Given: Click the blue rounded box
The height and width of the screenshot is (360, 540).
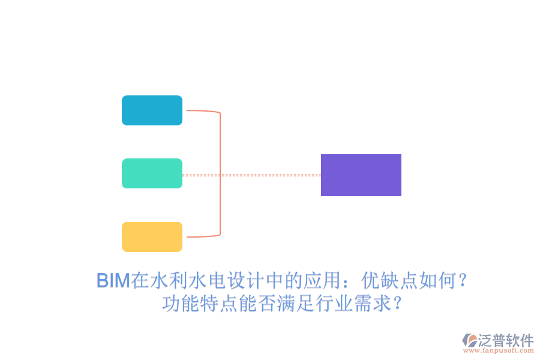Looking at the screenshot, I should tap(152, 110).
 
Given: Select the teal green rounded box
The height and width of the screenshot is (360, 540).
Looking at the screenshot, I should tap(152, 173).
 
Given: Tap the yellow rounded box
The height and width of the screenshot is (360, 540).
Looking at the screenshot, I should tap(152, 236).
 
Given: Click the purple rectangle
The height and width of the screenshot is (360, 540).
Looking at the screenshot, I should tap(361, 175).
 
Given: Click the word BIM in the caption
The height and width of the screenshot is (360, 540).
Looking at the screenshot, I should tap(113, 281).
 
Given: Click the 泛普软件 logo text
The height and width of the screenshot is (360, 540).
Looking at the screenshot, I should tap(505, 340).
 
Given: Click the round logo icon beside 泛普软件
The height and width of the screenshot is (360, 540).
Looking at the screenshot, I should tap(470, 341).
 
